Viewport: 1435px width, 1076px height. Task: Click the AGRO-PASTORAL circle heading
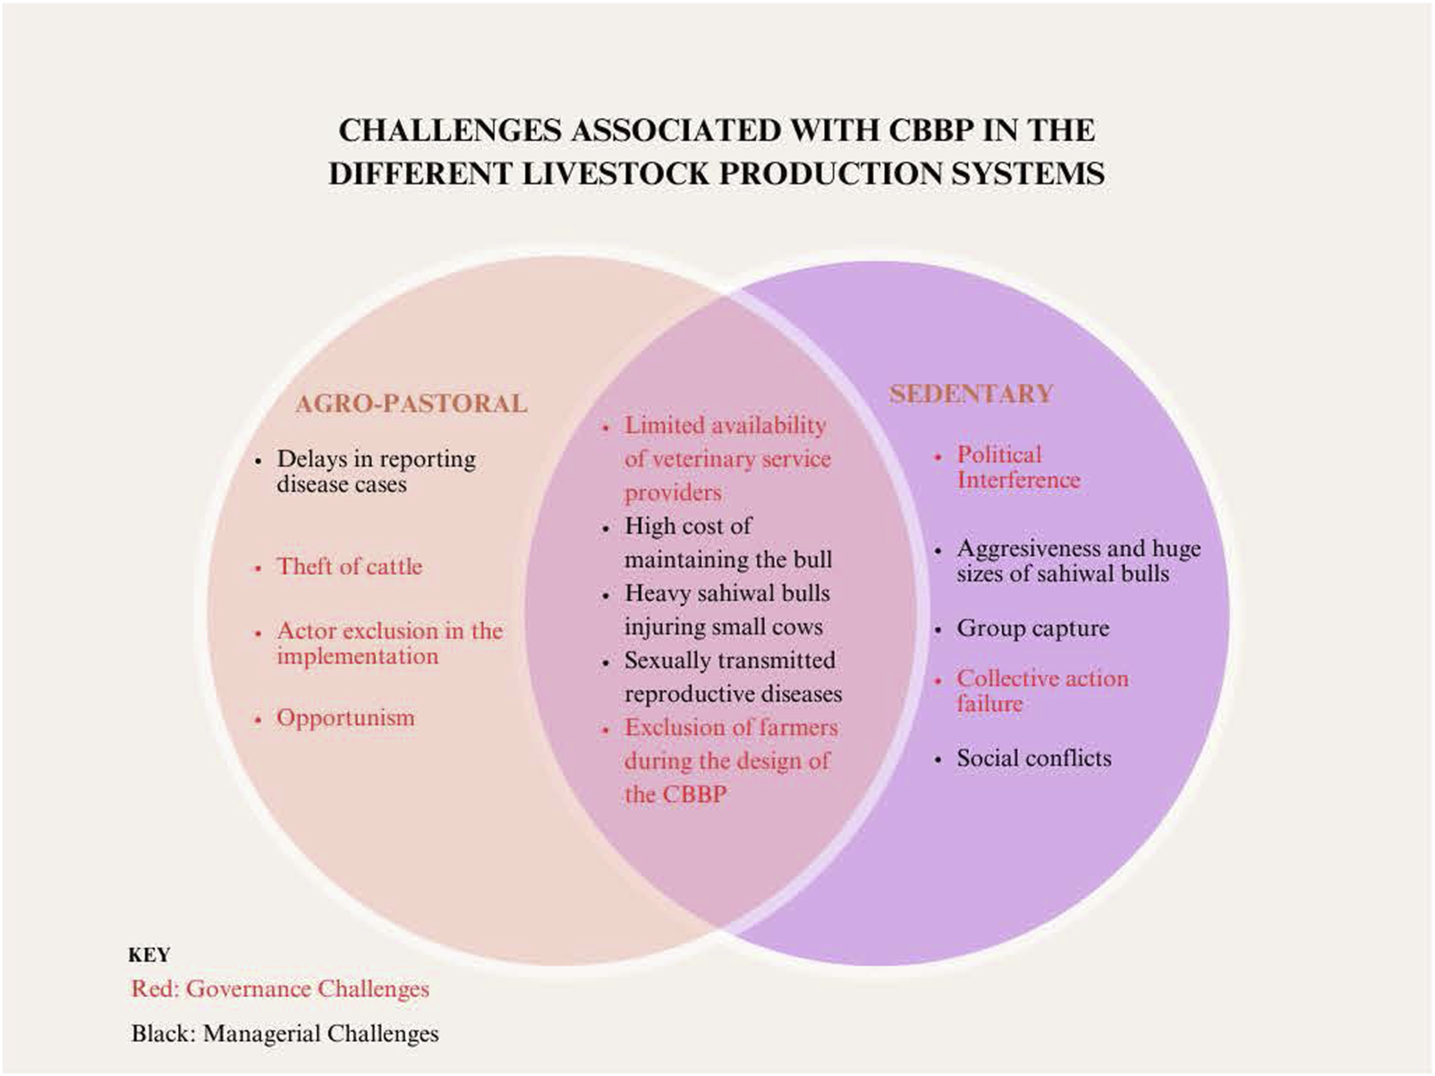click(412, 404)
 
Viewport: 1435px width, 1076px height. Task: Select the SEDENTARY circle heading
click(971, 394)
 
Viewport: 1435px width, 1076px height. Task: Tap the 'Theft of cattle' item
click(349, 567)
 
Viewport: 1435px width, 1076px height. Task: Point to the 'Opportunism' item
click(345, 718)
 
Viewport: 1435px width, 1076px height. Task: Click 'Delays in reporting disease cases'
click(376, 472)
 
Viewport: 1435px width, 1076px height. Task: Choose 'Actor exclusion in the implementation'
click(390, 644)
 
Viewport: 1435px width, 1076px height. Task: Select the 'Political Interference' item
click(1019, 467)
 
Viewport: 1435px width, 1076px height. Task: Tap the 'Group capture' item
click(1033, 628)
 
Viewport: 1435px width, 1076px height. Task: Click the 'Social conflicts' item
click(1033, 758)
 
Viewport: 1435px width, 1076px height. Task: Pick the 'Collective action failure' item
click(1042, 691)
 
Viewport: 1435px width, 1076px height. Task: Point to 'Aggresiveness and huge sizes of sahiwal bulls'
click(1079, 561)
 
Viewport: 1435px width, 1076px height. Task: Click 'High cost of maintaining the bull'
click(728, 542)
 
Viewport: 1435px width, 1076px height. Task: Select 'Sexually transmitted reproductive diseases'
click(733, 677)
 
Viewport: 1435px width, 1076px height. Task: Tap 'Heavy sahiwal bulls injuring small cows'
click(727, 610)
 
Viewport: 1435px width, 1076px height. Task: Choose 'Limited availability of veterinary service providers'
click(727, 459)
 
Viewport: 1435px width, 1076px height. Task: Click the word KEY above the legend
click(149, 956)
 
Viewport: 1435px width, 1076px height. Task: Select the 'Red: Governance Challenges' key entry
click(280, 989)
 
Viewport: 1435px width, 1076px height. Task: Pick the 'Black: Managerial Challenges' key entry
click(285, 1034)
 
